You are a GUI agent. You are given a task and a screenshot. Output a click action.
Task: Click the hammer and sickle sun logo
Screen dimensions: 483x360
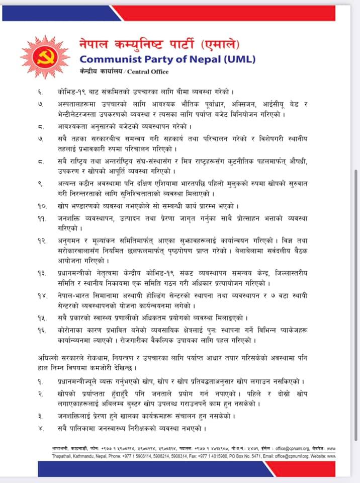[45, 57]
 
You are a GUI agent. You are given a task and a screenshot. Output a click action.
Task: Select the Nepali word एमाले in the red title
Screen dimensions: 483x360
[223, 44]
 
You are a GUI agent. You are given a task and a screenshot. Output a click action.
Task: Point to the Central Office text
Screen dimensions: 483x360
[148, 71]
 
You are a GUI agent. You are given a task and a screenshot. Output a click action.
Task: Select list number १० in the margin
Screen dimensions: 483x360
[42, 206]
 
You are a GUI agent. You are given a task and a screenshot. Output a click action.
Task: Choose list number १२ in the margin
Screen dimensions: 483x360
[42, 241]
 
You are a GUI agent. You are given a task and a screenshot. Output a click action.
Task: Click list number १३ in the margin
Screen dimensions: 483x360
[42, 273]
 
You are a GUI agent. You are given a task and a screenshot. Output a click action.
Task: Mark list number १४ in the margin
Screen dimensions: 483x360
[42, 295]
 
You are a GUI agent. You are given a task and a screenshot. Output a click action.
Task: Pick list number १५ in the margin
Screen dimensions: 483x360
[42, 318]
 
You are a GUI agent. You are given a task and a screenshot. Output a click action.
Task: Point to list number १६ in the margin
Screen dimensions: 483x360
[42, 330]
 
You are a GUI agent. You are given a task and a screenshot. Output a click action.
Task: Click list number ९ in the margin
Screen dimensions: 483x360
[40, 184]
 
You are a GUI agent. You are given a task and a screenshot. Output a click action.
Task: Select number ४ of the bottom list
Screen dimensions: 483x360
[41, 429]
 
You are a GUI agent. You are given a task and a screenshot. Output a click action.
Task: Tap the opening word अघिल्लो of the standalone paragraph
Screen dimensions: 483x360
[49, 358]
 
